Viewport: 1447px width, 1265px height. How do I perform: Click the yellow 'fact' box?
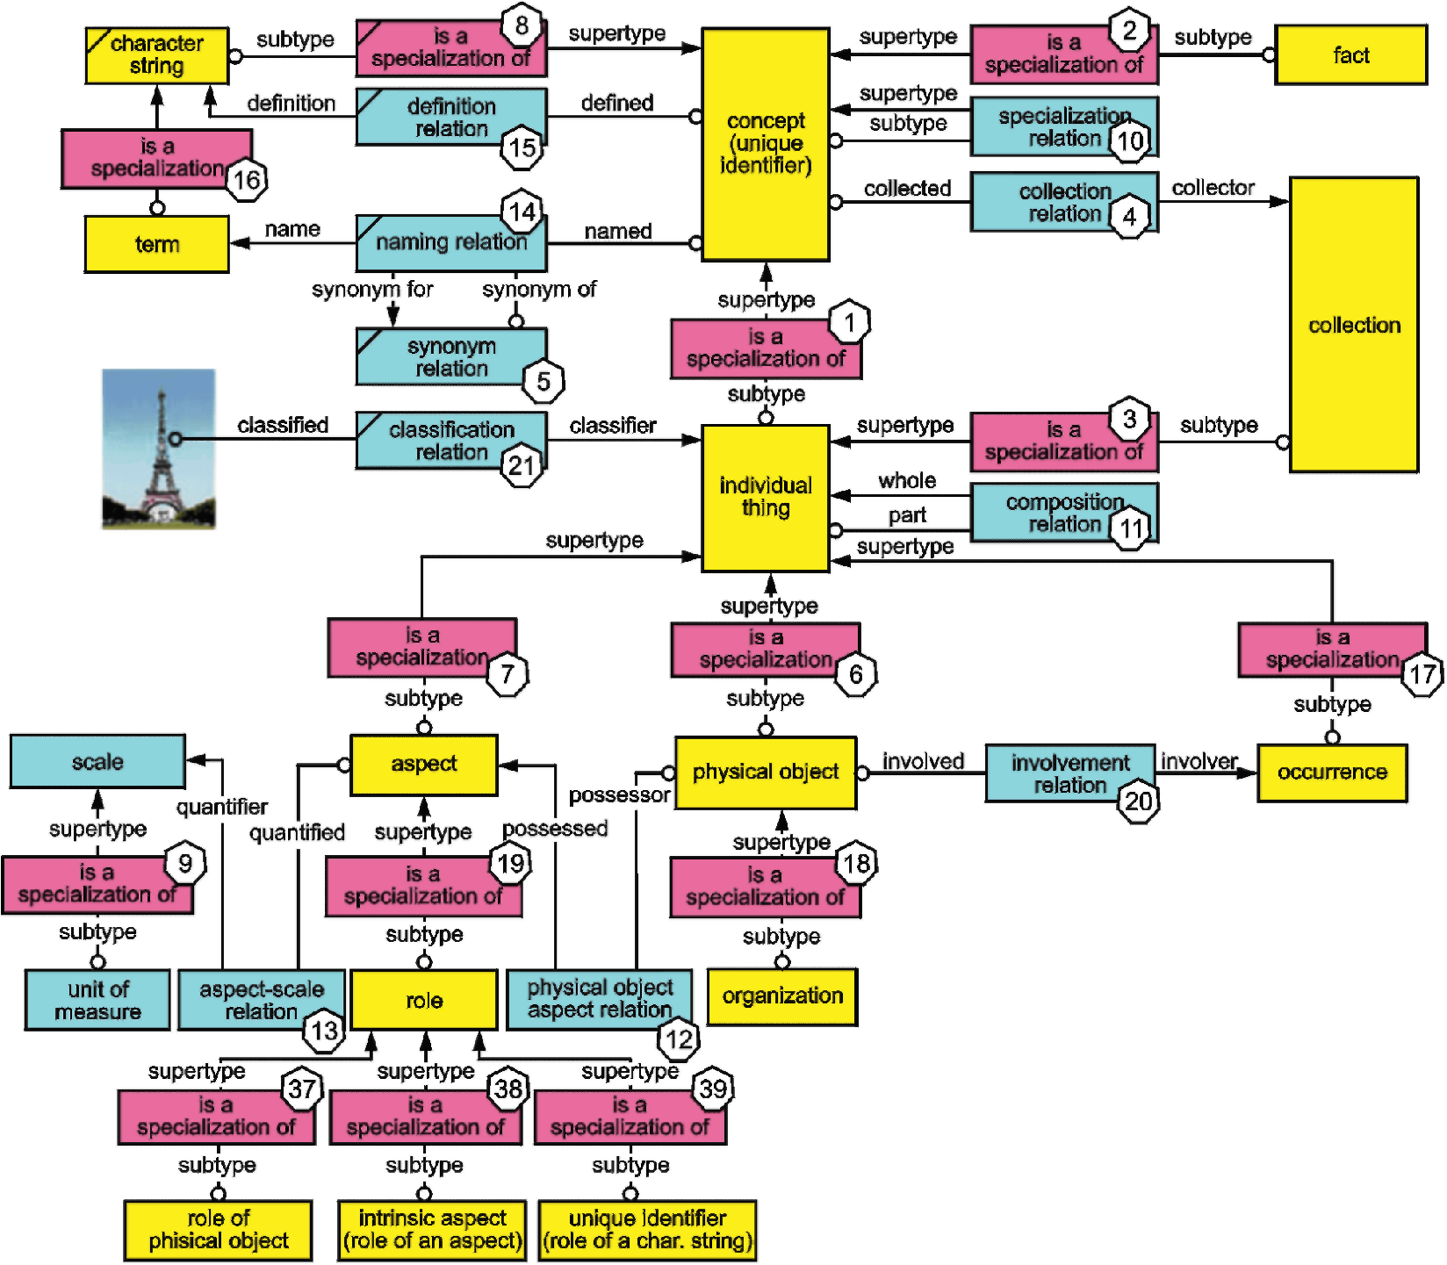coord(1350,55)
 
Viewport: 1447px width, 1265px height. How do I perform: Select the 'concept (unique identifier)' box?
coord(766,145)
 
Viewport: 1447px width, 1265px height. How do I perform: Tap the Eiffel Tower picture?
coord(159,449)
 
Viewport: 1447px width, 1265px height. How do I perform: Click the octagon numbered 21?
coord(522,465)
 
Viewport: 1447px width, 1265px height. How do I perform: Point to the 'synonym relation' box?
coord(451,356)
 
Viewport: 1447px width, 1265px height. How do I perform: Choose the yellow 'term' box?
coord(157,244)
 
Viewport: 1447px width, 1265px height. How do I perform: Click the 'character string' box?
coord(157,55)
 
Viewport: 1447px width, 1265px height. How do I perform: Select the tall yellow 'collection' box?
coord(1354,325)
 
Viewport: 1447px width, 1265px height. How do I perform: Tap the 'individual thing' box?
coord(766,498)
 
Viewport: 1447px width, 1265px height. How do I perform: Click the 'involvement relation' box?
coord(1070,773)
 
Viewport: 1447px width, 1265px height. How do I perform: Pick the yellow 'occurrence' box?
coord(1332,773)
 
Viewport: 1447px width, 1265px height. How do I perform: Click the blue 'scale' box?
coord(97,761)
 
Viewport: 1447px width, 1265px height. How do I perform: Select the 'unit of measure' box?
coord(97,1000)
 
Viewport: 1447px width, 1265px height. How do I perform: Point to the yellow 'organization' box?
coord(782,996)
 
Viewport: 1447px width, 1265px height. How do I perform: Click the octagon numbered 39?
coord(713,1089)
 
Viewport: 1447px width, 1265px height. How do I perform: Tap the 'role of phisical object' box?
coord(218,1230)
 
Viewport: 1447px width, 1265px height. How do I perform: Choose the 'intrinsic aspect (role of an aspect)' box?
coord(432,1230)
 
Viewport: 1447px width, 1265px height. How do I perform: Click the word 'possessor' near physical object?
coord(619,795)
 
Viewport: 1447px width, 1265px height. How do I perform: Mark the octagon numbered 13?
coord(325,1031)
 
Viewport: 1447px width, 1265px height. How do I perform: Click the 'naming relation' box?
coord(451,242)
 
